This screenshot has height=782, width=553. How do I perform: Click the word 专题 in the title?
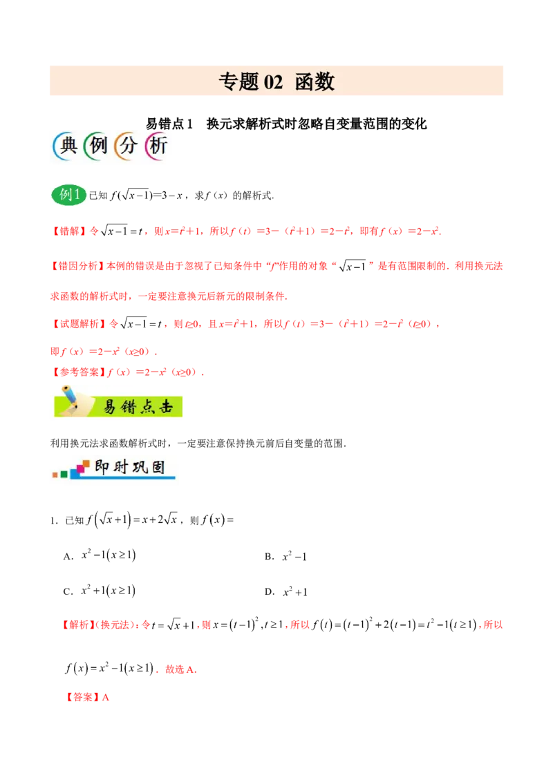[x=238, y=82]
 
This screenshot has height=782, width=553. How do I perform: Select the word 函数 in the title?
[x=315, y=82]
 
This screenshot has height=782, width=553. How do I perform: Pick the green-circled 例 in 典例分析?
[x=96, y=146]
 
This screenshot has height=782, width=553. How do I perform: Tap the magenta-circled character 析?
[x=157, y=146]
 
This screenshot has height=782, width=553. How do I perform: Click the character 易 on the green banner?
[x=111, y=406]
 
